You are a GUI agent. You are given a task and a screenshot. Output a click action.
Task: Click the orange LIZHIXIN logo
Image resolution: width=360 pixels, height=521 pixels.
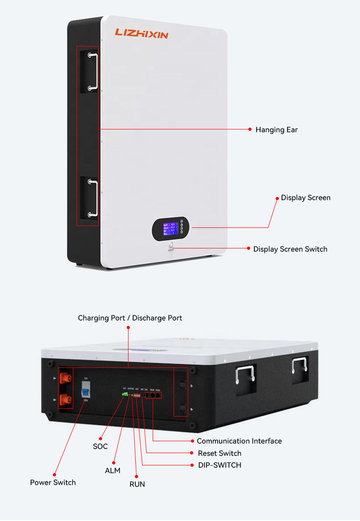[x=141, y=33]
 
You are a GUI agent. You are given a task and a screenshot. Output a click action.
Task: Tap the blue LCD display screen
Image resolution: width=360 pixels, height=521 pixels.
[x=171, y=228]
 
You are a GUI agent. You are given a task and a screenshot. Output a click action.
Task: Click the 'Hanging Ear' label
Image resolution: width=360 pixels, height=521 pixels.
[x=276, y=130]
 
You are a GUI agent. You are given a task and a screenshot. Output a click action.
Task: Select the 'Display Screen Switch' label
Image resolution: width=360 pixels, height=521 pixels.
[x=290, y=249]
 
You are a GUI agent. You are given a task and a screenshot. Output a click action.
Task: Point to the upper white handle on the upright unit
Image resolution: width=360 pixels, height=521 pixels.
[x=93, y=72]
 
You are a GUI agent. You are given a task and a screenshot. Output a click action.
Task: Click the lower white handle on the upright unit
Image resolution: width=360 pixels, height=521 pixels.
[x=93, y=198]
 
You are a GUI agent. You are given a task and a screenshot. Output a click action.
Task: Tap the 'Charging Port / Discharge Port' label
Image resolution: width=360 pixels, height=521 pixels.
[x=130, y=318]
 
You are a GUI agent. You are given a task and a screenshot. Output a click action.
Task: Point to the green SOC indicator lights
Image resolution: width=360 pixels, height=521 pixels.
[x=125, y=394]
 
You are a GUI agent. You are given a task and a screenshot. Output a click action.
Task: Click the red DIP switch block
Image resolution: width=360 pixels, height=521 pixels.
[x=137, y=395]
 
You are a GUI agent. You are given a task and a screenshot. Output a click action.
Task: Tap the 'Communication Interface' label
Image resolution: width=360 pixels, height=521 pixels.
[x=239, y=441]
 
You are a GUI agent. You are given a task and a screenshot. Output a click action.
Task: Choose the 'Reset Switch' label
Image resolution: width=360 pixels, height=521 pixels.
[x=220, y=454]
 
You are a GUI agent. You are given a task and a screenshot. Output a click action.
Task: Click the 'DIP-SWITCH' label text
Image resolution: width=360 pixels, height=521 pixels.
[x=220, y=465]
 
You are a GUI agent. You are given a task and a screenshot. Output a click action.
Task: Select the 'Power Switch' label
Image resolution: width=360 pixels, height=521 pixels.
[x=53, y=483]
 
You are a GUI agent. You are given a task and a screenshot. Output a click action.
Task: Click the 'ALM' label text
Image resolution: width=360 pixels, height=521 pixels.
[x=113, y=470]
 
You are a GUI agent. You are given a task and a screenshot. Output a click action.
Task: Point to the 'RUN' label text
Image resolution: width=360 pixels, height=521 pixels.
[x=137, y=484]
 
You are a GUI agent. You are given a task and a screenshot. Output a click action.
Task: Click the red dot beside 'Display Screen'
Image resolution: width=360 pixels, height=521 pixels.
[x=277, y=198]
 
